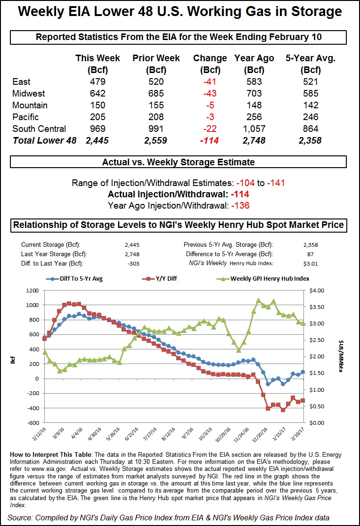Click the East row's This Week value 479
pyautogui.click(x=98, y=82)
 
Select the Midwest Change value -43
pyautogui.click(x=210, y=94)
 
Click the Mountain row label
pyautogui.click(x=30, y=105)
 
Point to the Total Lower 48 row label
pyautogui.click(x=44, y=140)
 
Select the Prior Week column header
pyautogui.click(x=156, y=58)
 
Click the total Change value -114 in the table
pyautogui.click(x=210, y=140)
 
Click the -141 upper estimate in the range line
pyautogui.click(x=276, y=183)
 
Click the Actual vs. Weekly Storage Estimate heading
pyautogui.click(x=179, y=162)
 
